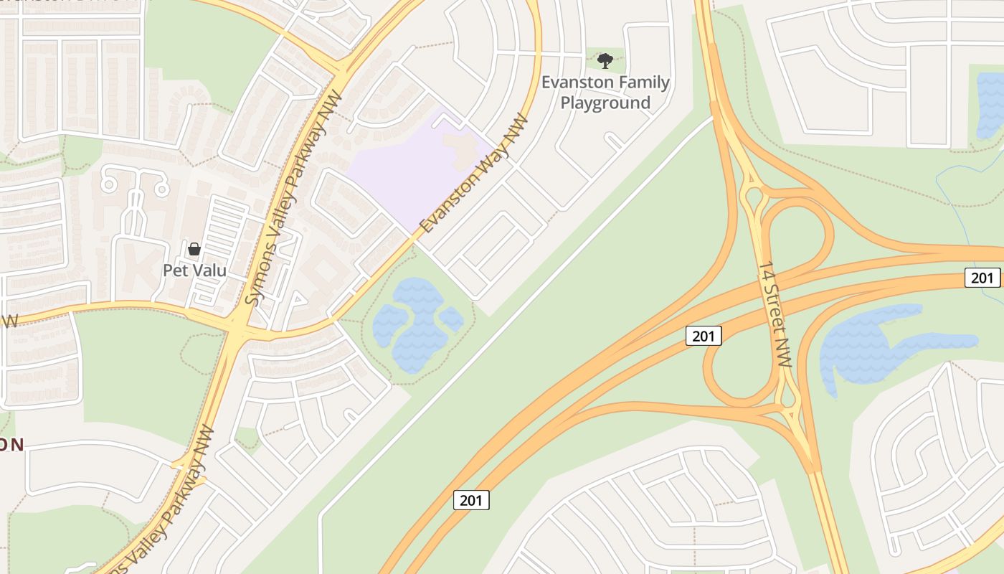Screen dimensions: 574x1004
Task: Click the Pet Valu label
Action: pos(194,270)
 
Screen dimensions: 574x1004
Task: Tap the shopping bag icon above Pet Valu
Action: pos(194,249)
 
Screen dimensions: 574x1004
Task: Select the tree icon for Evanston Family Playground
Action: pos(605,60)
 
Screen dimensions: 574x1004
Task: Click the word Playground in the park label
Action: pos(605,103)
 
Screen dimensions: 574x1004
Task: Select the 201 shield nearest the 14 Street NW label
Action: pos(703,335)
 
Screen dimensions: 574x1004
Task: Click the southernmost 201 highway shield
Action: pos(471,500)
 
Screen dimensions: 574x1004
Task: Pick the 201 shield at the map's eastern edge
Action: pos(982,277)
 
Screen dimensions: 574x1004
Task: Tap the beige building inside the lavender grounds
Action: pos(462,146)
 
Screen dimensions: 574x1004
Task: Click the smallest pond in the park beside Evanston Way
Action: pos(451,319)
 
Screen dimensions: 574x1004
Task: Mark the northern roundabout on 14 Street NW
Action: pos(754,195)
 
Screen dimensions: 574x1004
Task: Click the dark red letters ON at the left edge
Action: pos(12,445)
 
